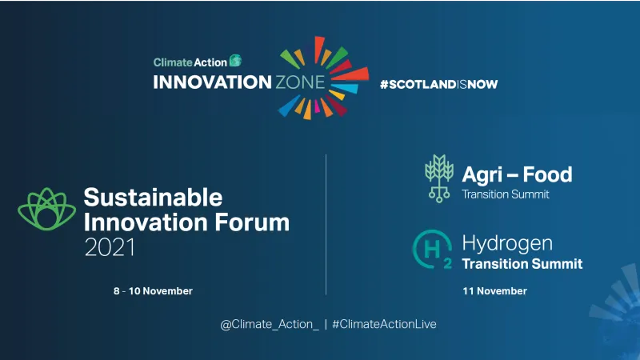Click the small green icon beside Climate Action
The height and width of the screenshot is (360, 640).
(x=235, y=61)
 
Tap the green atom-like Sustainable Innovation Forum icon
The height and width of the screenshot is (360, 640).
(x=46, y=211)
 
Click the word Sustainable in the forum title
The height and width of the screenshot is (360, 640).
(x=153, y=197)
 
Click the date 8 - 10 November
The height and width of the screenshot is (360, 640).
(x=153, y=291)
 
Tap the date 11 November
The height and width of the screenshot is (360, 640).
(x=494, y=291)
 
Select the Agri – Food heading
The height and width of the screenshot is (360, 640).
(x=517, y=174)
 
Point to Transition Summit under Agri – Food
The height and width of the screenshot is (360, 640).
(x=507, y=194)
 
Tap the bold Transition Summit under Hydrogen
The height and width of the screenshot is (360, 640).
(x=522, y=264)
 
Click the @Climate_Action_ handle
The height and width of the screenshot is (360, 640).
(x=270, y=324)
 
